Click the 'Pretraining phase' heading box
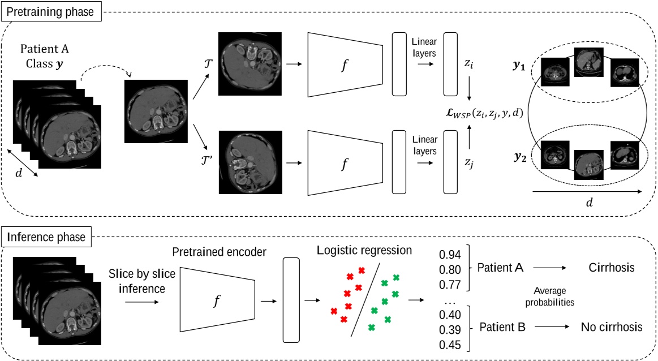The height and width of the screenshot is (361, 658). (x=51, y=11)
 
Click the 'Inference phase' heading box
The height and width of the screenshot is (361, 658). (x=48, y=237)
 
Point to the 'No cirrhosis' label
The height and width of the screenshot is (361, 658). (x=611, y=326)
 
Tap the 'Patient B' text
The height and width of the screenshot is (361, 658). (x=502, y=326)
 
